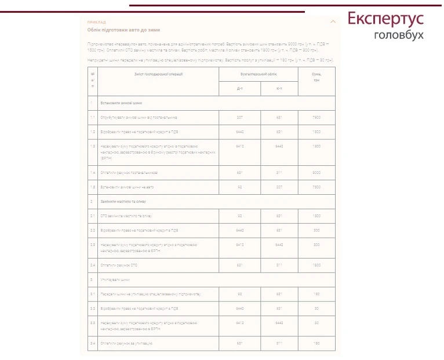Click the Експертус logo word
point(385,19)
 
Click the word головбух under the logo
point(399,35)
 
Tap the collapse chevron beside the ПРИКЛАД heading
point(333,21)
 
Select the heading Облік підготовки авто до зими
point(123,30)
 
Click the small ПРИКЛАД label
point(97,22)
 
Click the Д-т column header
point(239,89)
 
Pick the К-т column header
point(279,89)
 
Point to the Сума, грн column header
point(316,77)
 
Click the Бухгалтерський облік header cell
point(259,74)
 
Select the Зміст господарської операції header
point(158,74)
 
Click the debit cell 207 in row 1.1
point(239,117)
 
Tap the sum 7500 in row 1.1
point(316,117)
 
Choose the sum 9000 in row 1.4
point(316,173)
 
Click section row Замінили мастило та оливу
point(123,202)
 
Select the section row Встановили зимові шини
point(121,103)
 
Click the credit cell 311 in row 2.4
point(279,265)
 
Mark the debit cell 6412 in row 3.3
point(239,323)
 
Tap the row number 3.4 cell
point(92,344)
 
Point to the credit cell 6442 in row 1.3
point(279,146)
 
